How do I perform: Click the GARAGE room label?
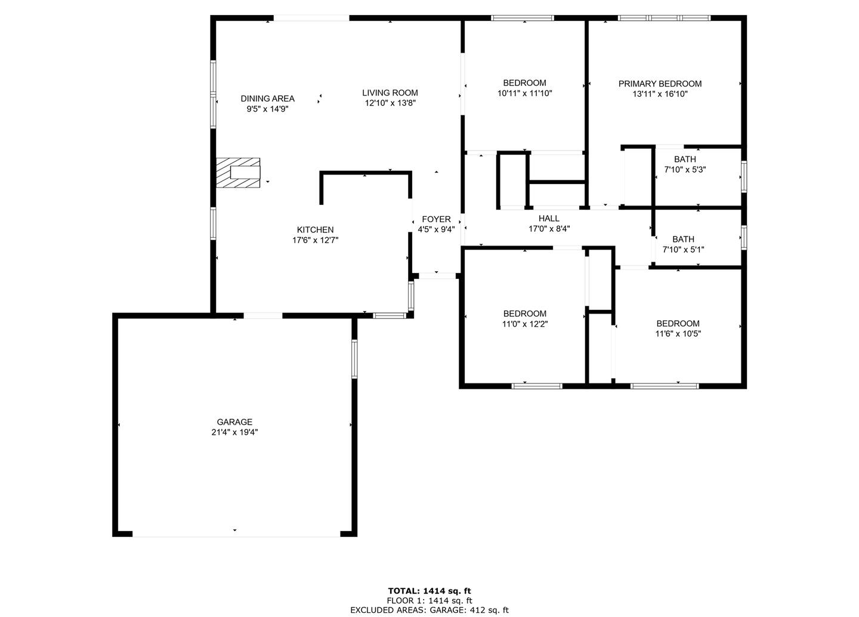[234, 422]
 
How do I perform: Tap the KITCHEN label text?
[315, 229]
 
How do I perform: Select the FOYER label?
[436, 219]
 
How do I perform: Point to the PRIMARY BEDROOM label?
[660, 84]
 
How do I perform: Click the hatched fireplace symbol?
[238, 173]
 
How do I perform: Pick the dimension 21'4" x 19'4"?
[234, 432]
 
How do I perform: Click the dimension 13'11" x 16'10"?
[660, 94]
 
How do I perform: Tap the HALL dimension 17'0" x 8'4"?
[549, 229]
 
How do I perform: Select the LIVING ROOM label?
[390, 93]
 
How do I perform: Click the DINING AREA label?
[268, 99]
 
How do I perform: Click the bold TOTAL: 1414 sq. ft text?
[429, 591]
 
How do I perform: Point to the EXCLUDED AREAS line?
[429, 610]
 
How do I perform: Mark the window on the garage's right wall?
[354, 359]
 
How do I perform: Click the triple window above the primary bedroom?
[664, 18]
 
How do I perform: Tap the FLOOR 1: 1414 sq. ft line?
[429, 600]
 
